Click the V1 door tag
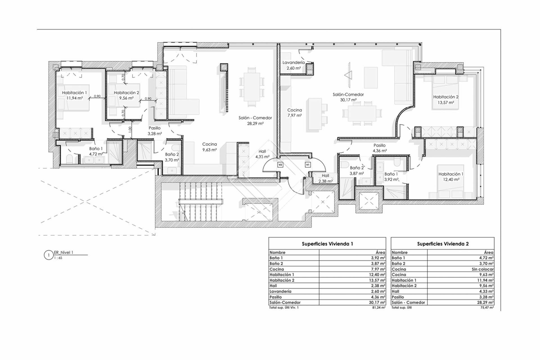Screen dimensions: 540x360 tap(308, 165)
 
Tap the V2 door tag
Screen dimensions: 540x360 tap(280, 165)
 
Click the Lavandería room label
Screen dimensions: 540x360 tap(294, 62)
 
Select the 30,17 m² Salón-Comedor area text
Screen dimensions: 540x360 tap(348, 100)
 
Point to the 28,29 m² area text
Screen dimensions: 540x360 tap(255, 123)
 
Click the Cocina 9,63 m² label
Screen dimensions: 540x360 tap(210, 147)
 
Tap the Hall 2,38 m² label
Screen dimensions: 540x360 tap(325, 179)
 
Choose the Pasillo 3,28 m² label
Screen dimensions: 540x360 tap(155, 131)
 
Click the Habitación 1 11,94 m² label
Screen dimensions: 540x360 tap(75, 95)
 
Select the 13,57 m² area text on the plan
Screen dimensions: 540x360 tap(446, 103)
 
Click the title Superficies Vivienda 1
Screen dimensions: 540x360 tap(327, 244)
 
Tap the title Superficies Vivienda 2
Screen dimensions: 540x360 tap(443, 244)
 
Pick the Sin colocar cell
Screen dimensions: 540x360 tap(483, 269)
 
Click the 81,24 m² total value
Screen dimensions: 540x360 tap(379, 308)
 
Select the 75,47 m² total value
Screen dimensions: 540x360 tap(487, 308)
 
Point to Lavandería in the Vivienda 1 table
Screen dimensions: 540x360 tap(280, 291)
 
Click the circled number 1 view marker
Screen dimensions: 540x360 tap(49, 255)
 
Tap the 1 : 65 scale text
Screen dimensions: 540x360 tap(58, 258)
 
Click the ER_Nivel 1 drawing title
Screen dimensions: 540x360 tap(64, 252)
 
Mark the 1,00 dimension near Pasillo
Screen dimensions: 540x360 tap(130, 130)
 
